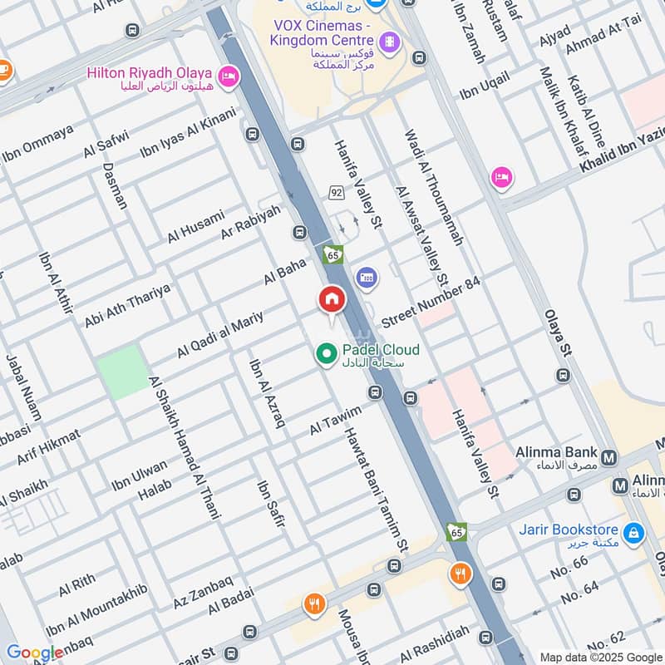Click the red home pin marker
[x=331, y=299]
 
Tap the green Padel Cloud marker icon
[x=326, y=355]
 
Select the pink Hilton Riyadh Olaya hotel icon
[x=229, y=77]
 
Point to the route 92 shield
[x=336, y=192]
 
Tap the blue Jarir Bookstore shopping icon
[x=633, y=530]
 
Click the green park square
[x=121, y=372]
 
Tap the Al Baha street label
[x=285, y=272]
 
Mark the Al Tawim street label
[x=336, y=421]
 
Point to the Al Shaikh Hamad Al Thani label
[x=184, y=447]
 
